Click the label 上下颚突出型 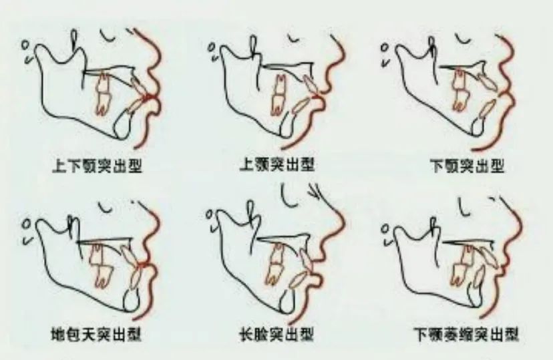pyautogui.click(x=97, y=166)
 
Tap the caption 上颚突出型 pyautogui.click(x=277, y=165)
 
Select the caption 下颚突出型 pyautogui.click(x=468, y=166)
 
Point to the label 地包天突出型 pyautogui.click(x=97, y=333)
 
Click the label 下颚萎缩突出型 pyautogui.click(x=467, y=333)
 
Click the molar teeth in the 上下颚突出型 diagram pyautogui.click(x=103, y=94)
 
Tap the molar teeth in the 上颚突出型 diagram pyautogui.click(x=280, y=94)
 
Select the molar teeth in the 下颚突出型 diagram pyautogui.click(x=459, y=90)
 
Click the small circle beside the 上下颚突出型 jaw pyautogui.click(x=26, y=45)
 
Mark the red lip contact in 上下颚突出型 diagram pyautogui.click(x=149, y=97)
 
